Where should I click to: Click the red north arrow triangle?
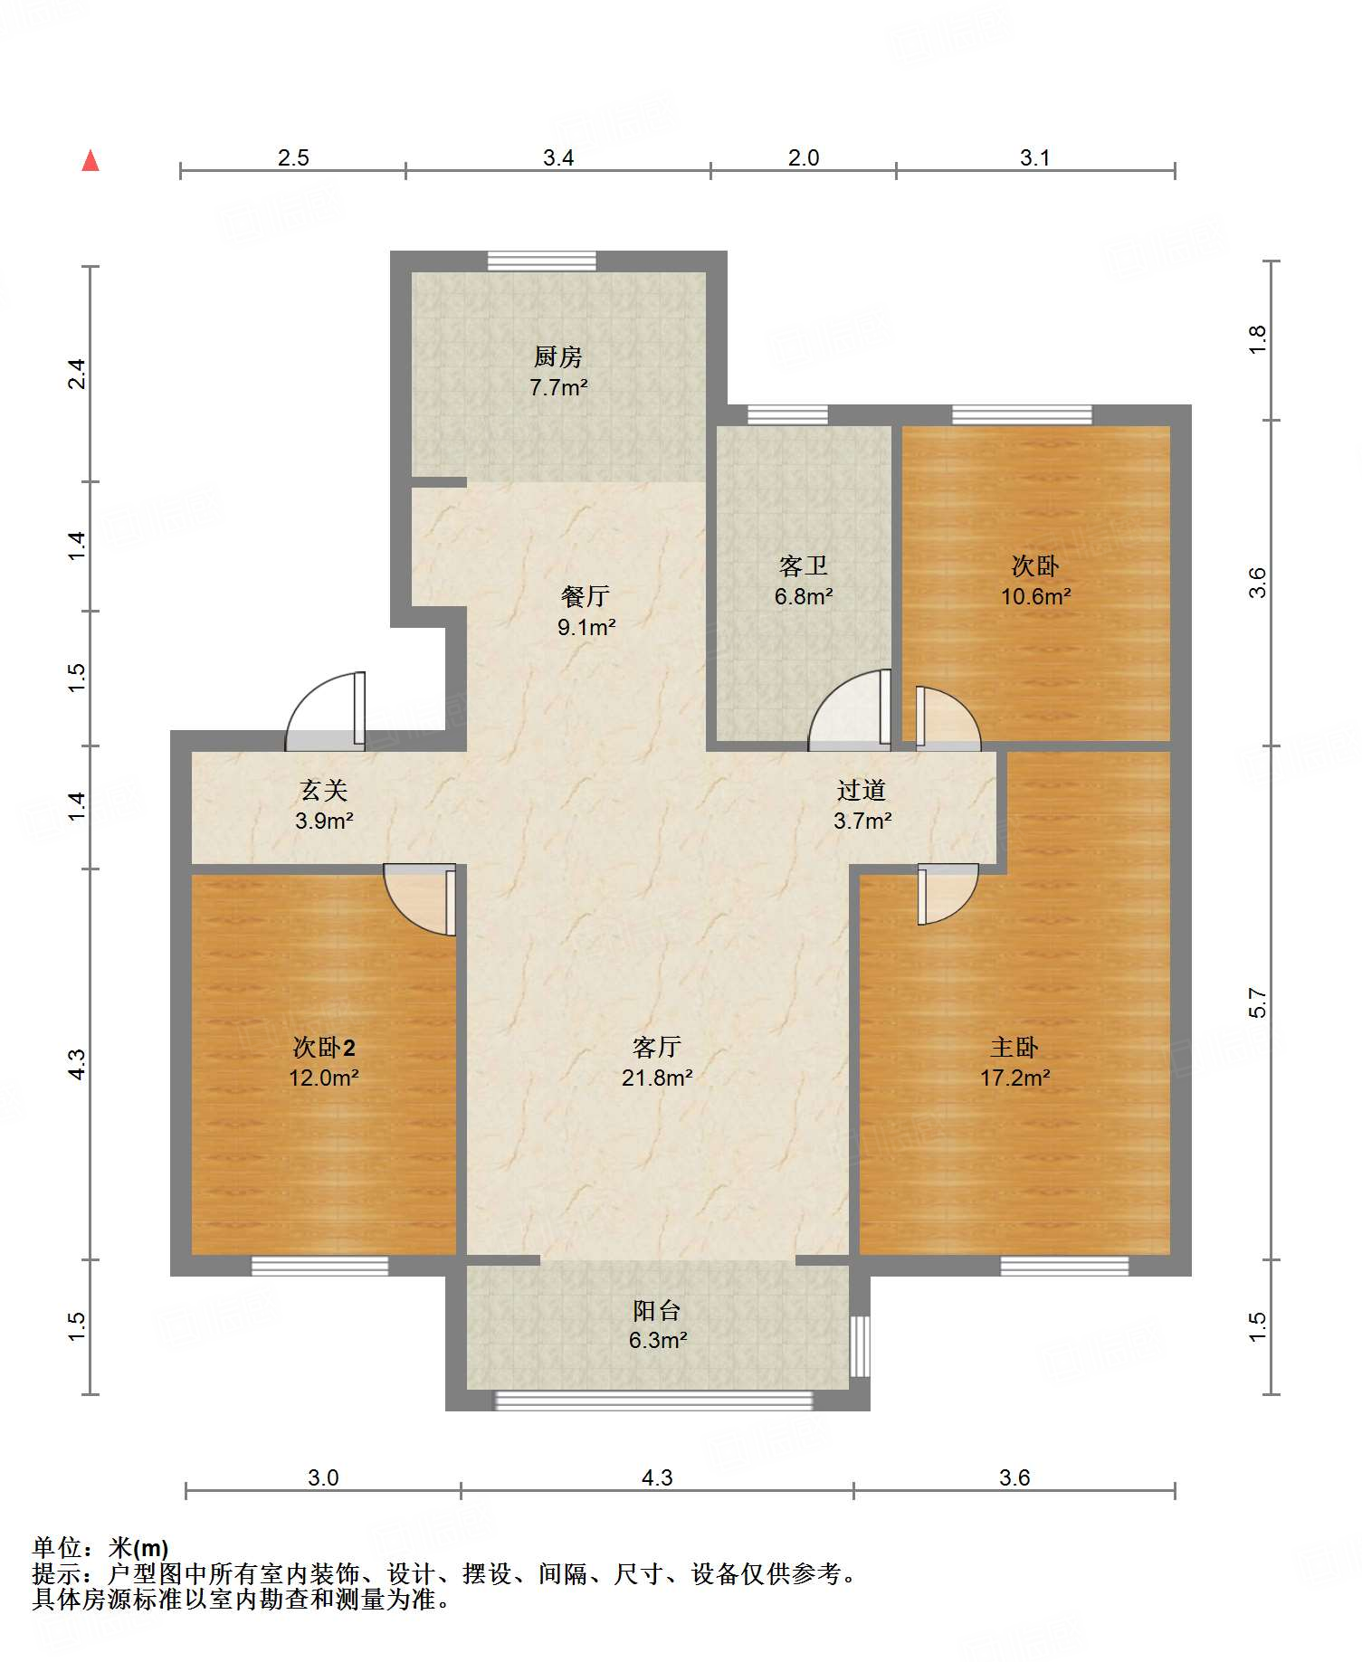tap(90, 160)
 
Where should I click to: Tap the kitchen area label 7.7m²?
tap(558, 388)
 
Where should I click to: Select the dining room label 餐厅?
tap(586, 596)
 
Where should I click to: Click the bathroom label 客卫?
tap(804, 566)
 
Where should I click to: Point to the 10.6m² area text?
tap(1035, 597)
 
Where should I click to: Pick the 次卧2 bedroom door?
tap(420, 899)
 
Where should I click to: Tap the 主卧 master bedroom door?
tap(948, 894)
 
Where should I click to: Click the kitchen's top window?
tap(542, 261)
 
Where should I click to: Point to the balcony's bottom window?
tap(653, 1400)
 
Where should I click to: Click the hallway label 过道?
tap(861, 791)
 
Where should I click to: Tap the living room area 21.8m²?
tap(657, 1078)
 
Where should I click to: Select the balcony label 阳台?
tap(657, 1311)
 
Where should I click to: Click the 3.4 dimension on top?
tap(558, 157)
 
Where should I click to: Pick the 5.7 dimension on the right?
tap(1258, 1002)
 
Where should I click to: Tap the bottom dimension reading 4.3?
tap(657, 1477)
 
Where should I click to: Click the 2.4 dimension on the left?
tap(77, 374)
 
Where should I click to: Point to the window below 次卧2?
tap(319, 1266)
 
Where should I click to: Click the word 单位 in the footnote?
tap(57, 1548)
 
